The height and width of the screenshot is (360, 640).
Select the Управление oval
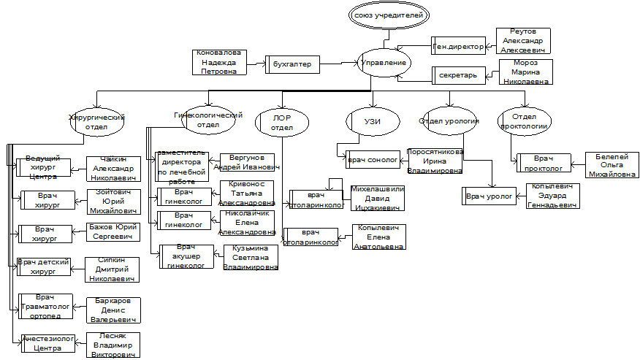[384, 63]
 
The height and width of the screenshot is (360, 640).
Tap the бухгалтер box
[292, 65]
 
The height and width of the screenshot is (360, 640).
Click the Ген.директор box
[459, 46]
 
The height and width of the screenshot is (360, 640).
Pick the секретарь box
[457, 75]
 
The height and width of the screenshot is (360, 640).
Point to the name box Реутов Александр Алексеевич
[522, 40]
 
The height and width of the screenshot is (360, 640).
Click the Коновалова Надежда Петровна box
[218, 62]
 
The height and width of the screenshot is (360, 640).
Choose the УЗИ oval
[373, 120]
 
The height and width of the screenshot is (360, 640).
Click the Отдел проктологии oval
[524, 121]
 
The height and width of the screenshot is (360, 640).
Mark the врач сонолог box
[373, 158]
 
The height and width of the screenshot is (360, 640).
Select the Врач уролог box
[489, 196]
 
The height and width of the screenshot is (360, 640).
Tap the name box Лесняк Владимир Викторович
[113, 344]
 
